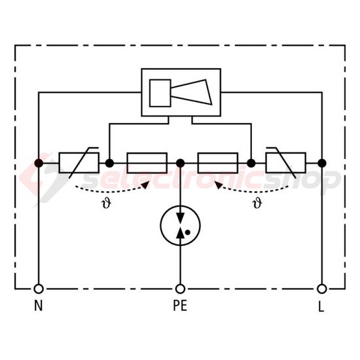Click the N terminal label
38,306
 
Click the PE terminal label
180,306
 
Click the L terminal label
322,306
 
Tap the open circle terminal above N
39,288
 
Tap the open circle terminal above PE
180,288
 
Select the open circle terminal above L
322,288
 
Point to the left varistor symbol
79,162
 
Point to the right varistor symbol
285,162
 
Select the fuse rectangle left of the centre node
147,162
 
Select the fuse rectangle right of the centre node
217,162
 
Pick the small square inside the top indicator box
160,92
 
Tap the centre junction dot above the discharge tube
180,162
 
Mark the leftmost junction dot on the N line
39,162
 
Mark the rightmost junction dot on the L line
322,162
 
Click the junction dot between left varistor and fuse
110,162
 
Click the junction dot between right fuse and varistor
251,162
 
